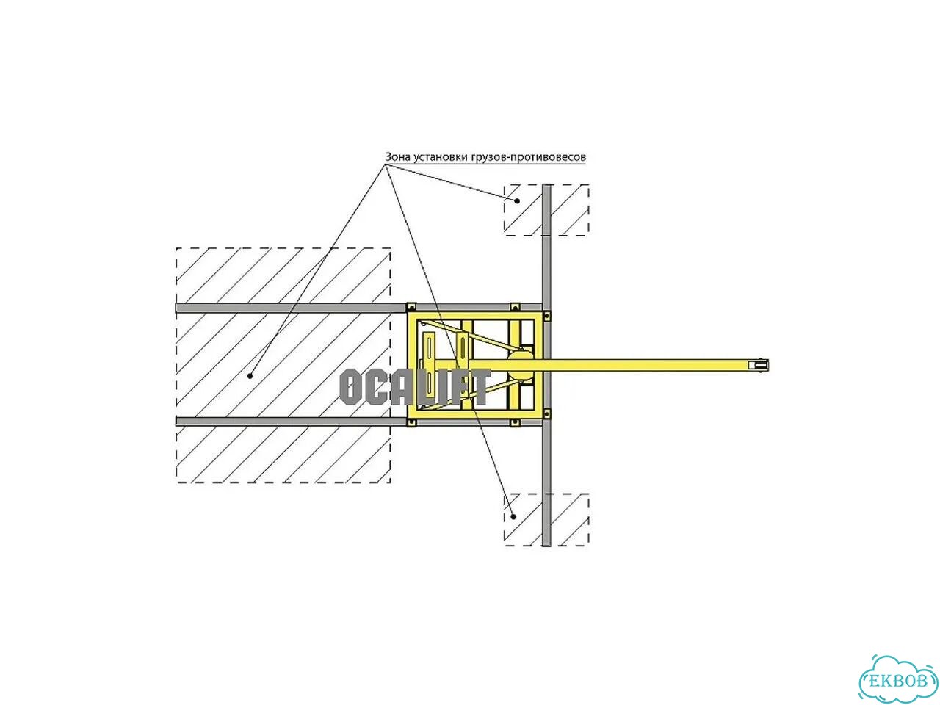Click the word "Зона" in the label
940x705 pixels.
pyautogui.click(x=398, y=156)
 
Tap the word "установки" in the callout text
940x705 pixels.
pyautogui.click(x=441, y=157)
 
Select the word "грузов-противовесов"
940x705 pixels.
pyautogui.click(x=529, y=157)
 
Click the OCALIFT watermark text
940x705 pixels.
pyautogui.click(x=414, y=388)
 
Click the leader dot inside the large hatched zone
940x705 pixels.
pyautogui.click(x=250, y=376)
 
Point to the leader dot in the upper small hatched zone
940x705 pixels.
pyautogui.click(x=517, y=200)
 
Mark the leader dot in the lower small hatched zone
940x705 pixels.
pyautogui.click(x=514, y=516)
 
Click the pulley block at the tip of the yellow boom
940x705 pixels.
pyautogui.click(x=759, y=365)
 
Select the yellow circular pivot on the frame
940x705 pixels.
pyautogui.click(x=520, y=365)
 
